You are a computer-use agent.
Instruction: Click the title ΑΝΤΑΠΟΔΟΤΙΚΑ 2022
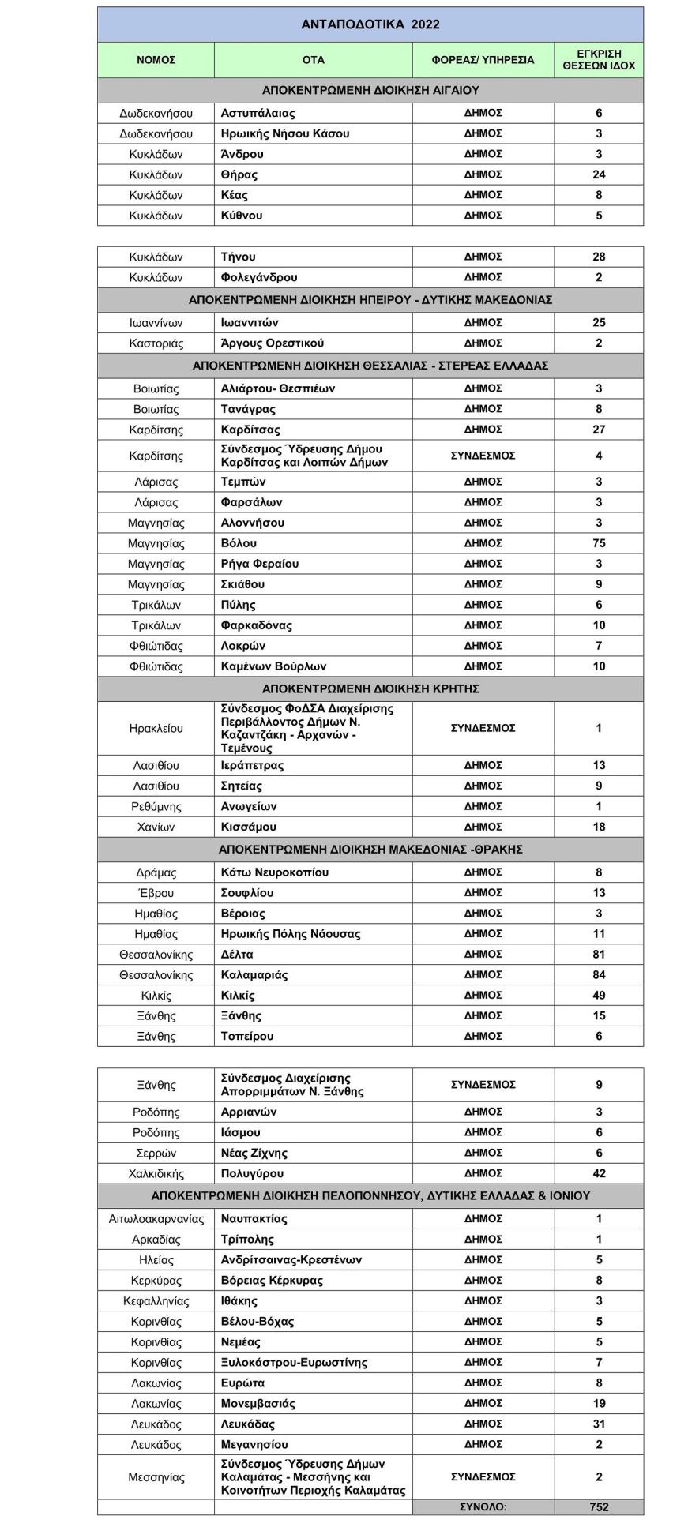tap(370, 24)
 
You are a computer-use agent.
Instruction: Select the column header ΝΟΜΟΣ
tap(156, 60)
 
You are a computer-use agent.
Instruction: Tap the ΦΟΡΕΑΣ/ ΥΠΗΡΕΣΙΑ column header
tap(483, 60)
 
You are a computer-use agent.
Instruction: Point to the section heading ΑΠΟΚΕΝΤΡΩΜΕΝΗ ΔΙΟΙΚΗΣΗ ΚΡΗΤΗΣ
tap(370, 688)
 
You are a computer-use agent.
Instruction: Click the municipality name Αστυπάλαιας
tap(258, 113)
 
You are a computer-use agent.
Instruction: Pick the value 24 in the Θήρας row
tap(599, 174)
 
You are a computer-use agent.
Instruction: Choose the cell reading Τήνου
tap(239, 257)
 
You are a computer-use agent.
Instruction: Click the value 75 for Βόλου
tap(599, 543)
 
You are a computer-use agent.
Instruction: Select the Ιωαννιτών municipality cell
tap(250, 322)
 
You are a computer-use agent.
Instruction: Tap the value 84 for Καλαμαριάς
tap(599, 974)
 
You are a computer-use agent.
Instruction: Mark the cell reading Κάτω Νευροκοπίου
tap(275, 872)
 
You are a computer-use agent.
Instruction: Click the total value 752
tap(599, 1506)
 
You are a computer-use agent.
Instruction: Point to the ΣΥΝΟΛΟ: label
tap(483, 1506)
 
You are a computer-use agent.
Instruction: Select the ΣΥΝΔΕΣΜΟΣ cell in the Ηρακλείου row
tap(483, 728)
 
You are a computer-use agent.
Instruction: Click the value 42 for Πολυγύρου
tap(599, 1173)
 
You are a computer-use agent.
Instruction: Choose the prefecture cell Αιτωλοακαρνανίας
tap(156, 1219)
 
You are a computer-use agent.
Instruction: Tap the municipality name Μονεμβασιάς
tap(258, 1404)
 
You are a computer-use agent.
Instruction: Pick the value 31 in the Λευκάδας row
tap(599, 1424)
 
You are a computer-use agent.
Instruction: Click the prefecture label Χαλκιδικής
tap(156, 1173)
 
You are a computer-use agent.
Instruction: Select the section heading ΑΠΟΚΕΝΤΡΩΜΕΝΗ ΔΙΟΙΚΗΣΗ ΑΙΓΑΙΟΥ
tap(370, 91)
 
